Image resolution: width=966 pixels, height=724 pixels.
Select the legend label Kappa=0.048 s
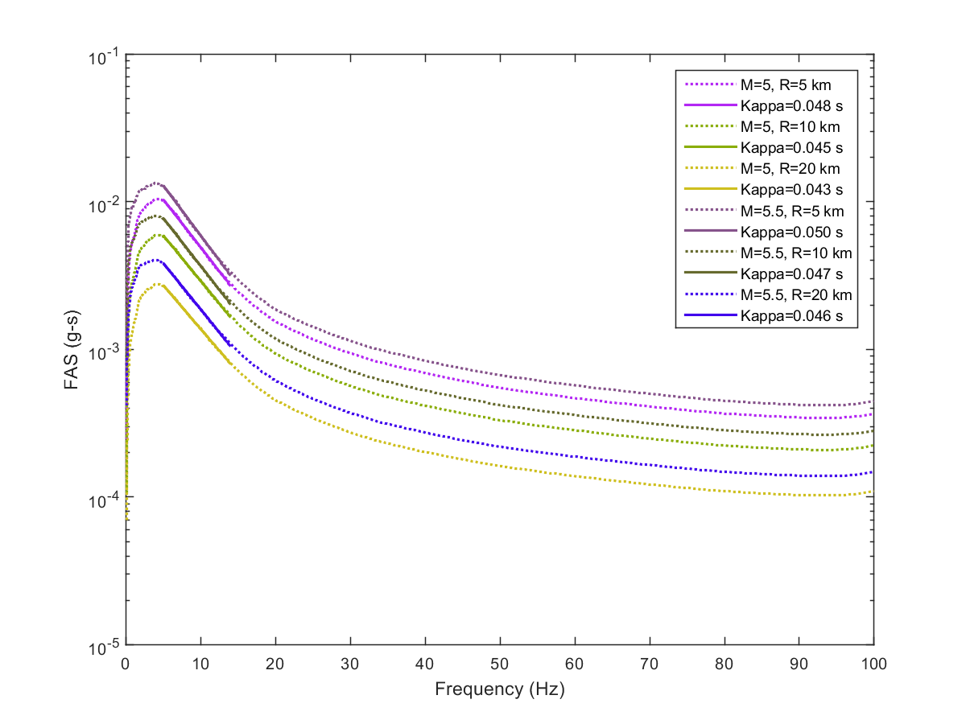(791, 105)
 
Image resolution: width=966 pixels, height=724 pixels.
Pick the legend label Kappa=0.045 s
(791, 147)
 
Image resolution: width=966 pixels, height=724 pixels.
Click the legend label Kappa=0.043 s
(791, 189)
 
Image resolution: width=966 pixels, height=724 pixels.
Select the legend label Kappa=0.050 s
(791, 232)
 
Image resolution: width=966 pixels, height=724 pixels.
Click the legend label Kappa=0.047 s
(791, 274)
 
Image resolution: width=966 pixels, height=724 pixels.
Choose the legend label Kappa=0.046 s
(791, 315)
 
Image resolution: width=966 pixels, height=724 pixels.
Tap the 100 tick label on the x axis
(873, 664)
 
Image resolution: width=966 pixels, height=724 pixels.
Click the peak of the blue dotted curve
(158, 260)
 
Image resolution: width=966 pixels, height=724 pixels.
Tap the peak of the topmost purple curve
(158, 183)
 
